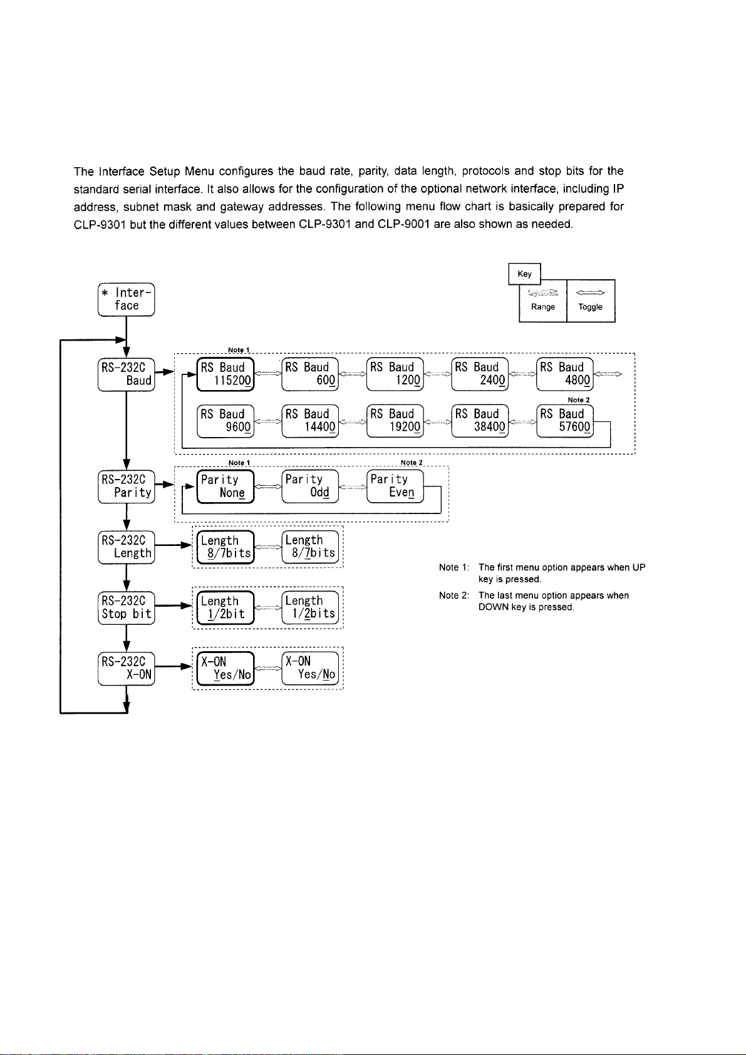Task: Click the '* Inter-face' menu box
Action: (127, 299)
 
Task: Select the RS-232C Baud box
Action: (127, 374)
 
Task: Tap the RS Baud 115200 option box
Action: (225, 374)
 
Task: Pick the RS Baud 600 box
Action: (310, 374)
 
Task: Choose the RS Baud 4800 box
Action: (564, 374)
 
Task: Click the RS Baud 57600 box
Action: (564, 421)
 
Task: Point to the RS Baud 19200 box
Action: (395, 421)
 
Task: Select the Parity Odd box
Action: (310, 486)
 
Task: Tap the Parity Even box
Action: (395, 486)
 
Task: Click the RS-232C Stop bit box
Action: (127, 608)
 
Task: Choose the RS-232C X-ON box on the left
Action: (127, 668)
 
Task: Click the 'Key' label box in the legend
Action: (524, 274)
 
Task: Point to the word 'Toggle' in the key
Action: (591, 307)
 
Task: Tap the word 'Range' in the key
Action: (543, 307)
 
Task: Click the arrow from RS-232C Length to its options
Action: (174, 545)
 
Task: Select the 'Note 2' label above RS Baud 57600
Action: (579, 400)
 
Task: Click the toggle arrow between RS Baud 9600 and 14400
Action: (267, 421)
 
